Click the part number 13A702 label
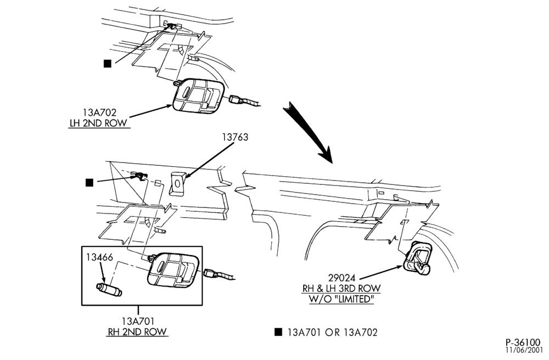[99, 113]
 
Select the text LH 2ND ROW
[98, 123]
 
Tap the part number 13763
[236, 137]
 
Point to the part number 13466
[100, 257]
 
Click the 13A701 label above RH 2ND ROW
[138, 321]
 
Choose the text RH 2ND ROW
[137, 331]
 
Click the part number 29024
[341, 278]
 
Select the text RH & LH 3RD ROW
[341, 288]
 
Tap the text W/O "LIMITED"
[341, 299]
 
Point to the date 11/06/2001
[524, 349]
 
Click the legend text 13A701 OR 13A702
[333, 333]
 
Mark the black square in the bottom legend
[278, 332]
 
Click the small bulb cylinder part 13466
[109, 290]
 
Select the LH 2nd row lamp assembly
[198, 95]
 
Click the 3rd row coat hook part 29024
[417, 257]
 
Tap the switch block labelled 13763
[177, 184]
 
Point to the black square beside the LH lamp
[108, 63]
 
